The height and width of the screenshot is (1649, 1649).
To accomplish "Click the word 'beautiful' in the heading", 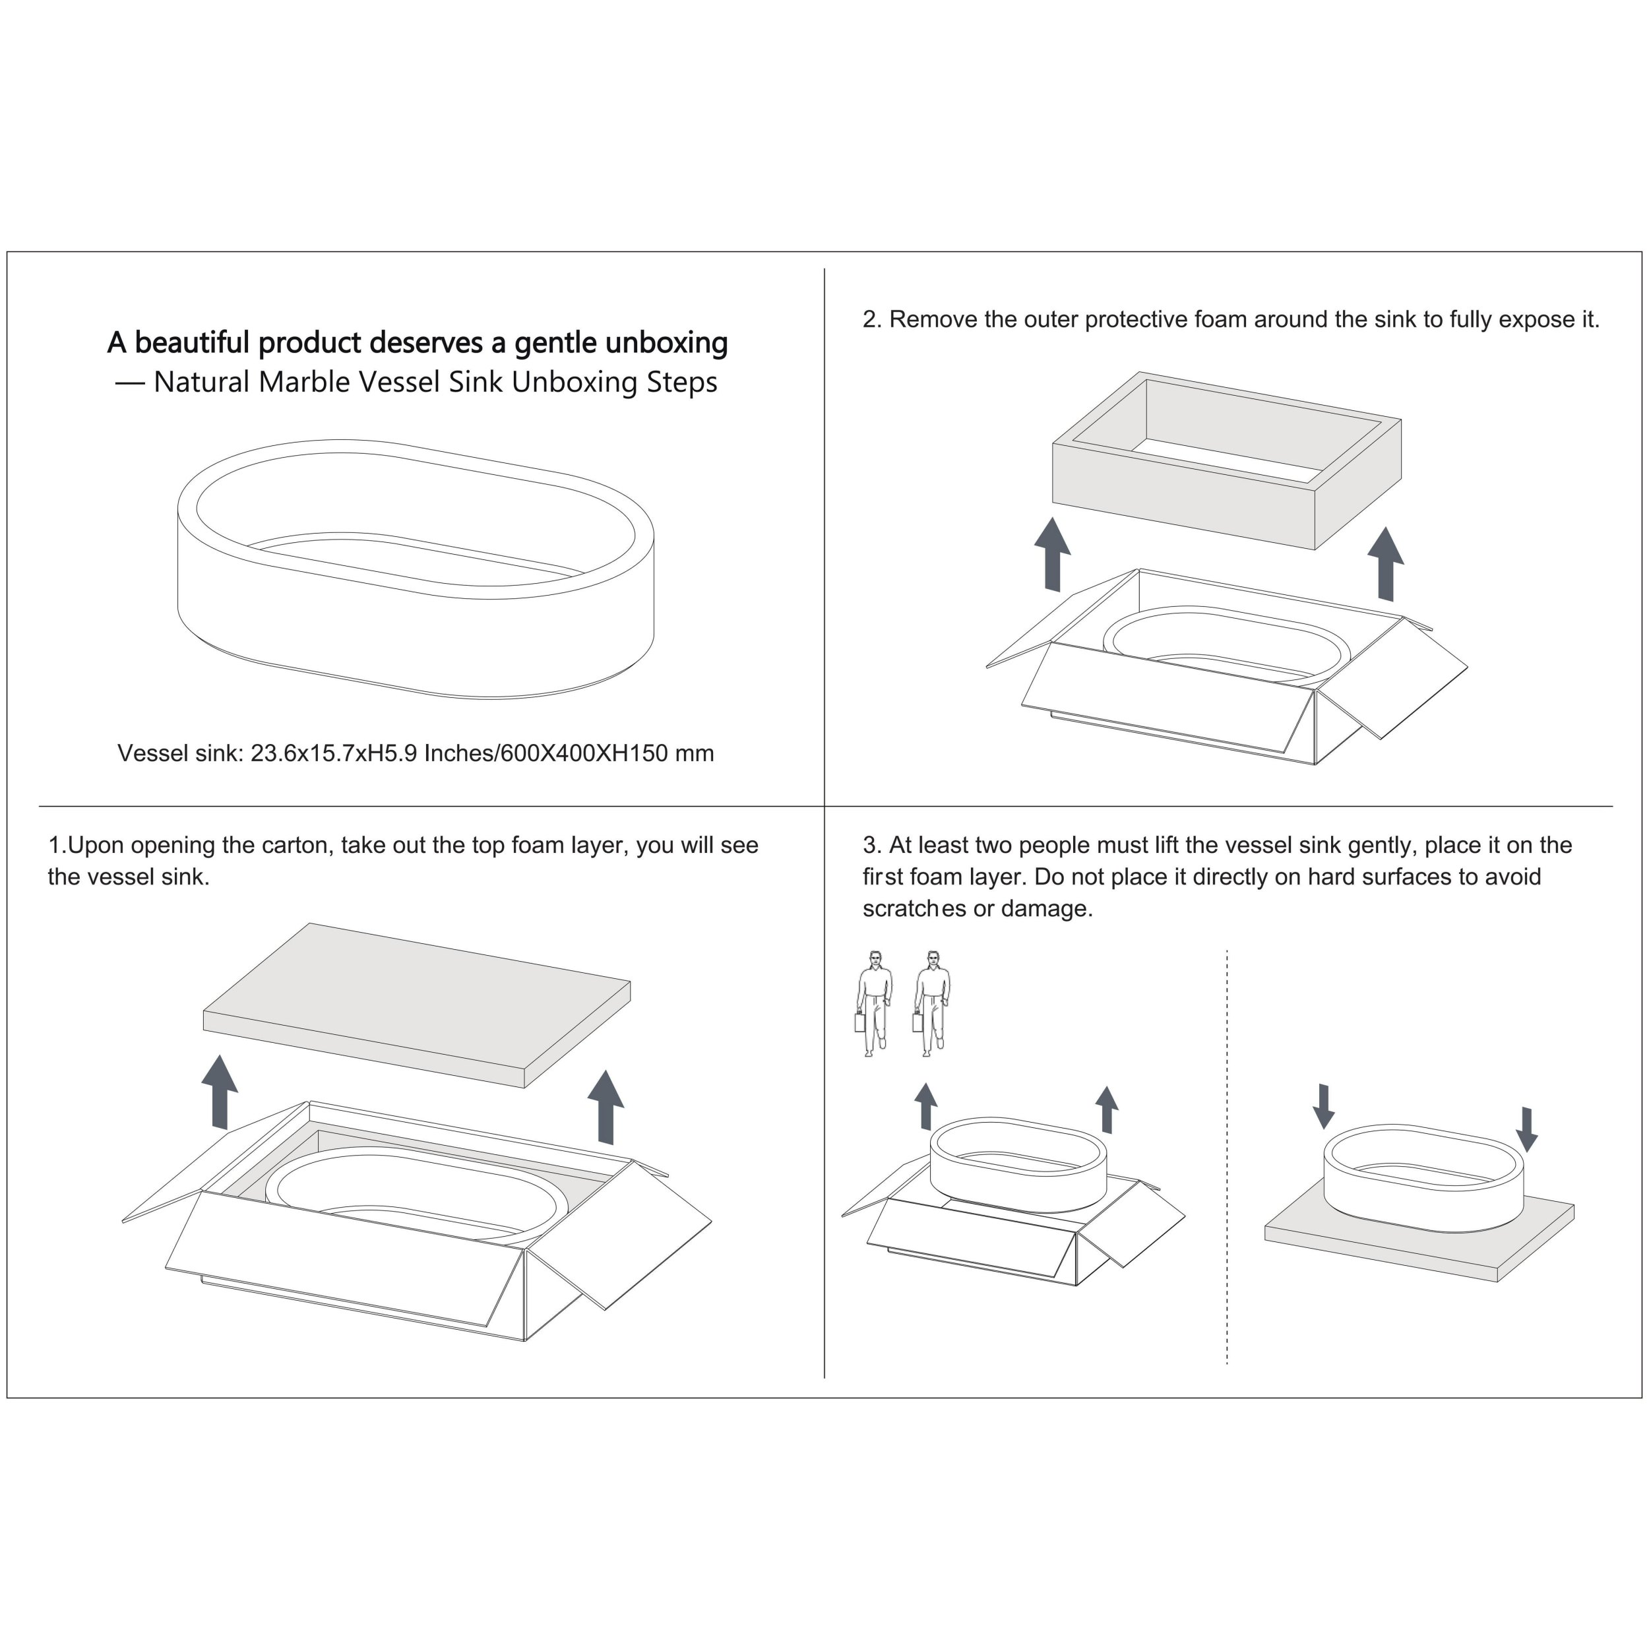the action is pos(193,342).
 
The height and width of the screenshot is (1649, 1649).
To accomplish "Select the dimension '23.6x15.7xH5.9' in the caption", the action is pos(333,753).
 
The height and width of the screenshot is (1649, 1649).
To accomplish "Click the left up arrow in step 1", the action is pos(220,1092).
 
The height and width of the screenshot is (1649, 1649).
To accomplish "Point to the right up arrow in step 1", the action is pos(606,1106).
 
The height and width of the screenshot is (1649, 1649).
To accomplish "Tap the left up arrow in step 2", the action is pos(1052,554).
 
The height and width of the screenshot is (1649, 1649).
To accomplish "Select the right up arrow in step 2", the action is pos(1385,563).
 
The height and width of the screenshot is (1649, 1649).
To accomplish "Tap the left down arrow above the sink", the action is pos(1323,1106).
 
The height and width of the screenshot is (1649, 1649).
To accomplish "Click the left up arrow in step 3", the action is pos(925,1107).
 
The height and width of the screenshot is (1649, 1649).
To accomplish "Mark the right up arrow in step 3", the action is pos(1107,1109).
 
